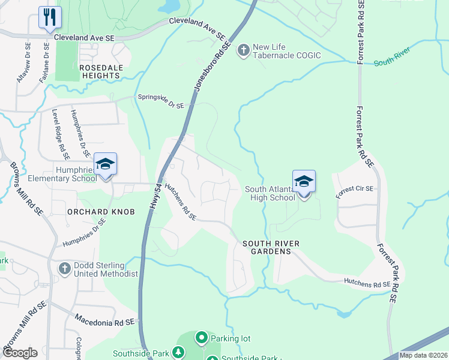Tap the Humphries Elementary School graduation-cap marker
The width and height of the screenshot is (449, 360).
(105, 164)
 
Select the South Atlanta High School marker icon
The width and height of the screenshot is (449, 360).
(304, 181)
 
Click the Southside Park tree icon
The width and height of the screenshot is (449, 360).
(178, 353)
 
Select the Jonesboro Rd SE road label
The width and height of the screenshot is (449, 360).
(211, 66)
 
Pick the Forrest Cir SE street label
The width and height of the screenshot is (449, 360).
(355, 189)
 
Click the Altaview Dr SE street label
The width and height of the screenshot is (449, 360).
(23, 62)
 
